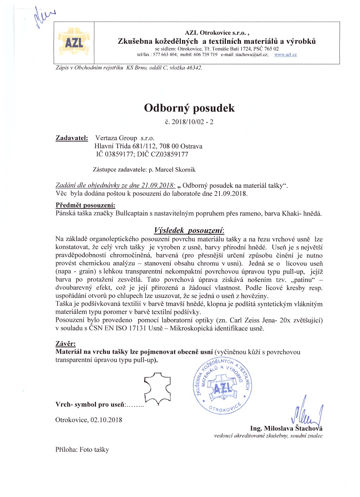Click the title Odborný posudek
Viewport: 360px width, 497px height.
[189, 108]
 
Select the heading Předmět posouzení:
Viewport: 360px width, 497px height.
[85, 206]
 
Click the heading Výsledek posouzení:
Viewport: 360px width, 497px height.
[189, 230]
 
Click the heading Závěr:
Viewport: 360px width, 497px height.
[65, 344]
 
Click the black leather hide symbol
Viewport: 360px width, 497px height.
[159, 388]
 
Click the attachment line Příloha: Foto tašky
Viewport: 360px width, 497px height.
[82, 449]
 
